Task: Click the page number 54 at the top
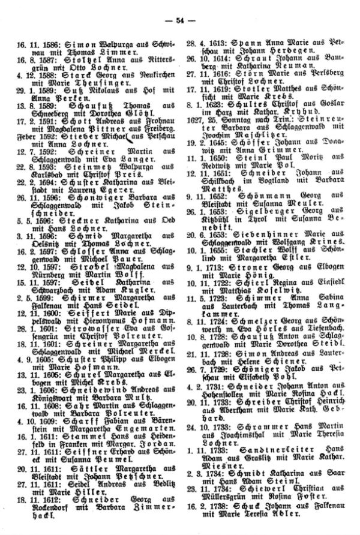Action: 179,21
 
